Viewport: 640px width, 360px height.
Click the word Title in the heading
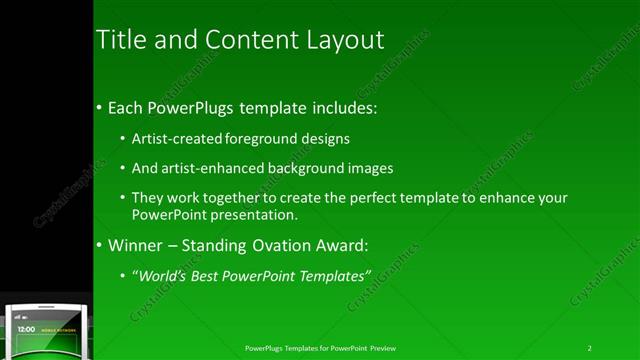pyautogui.click(x=117, y=40)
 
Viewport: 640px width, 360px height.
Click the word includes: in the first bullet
pyautogui.click(x=343, y=107)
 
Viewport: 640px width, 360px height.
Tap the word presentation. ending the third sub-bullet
pyautogui.click(x=250, y=215)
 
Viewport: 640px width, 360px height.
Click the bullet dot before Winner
pyautogui.click(x=99, y=246)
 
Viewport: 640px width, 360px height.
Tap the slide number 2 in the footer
pyautogui.click(x=590, y=348)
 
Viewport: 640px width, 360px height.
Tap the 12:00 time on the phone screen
pyautogui.click(x=27, y=329)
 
